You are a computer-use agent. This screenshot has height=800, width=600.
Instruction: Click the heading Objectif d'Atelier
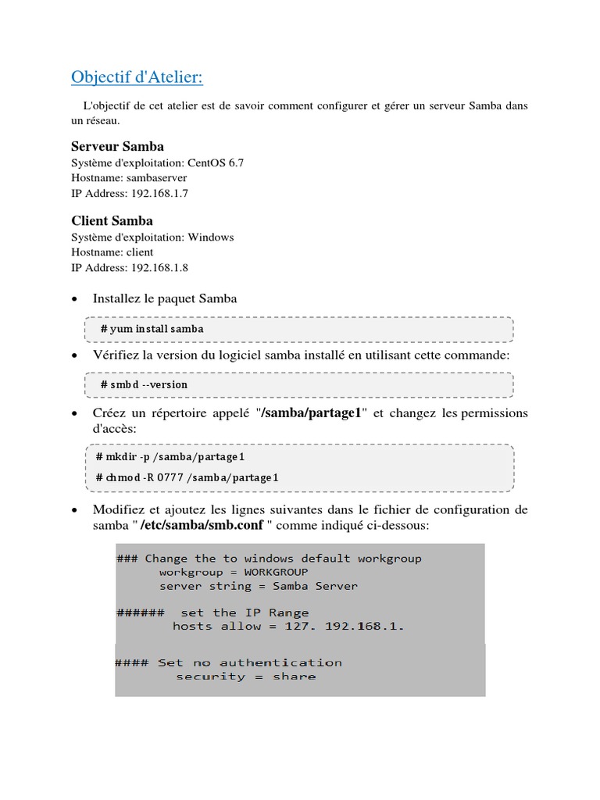point(137,77)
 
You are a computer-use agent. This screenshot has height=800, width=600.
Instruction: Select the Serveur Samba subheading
point(117,146)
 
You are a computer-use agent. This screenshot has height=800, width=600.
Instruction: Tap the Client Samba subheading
point(112,220)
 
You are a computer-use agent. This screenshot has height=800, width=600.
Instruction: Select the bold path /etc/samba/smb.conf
point(202,526)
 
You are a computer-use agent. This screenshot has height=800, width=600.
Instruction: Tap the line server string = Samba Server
point(259,586)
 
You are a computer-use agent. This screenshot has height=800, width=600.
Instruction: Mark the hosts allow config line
point(288,627)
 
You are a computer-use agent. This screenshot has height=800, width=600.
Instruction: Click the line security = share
point(245,677)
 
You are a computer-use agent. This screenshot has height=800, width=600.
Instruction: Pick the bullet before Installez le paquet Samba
point(74,299)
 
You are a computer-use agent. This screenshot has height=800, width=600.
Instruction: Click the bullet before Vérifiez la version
point(74,356)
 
